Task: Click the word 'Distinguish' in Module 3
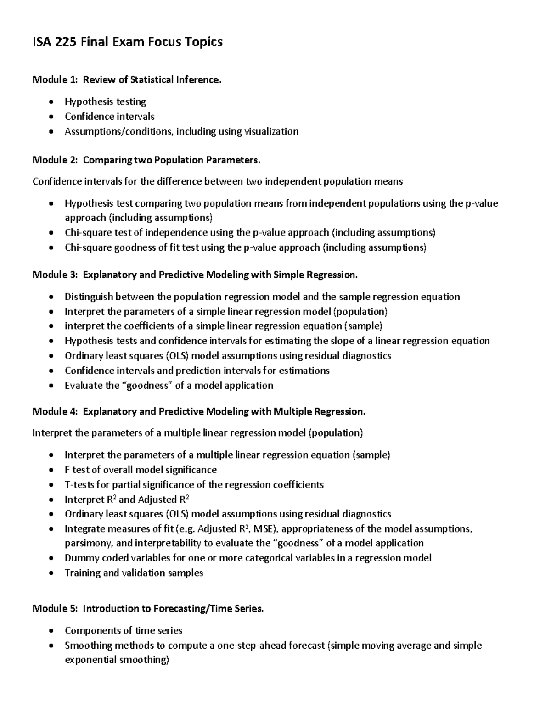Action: tap(89, 297)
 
